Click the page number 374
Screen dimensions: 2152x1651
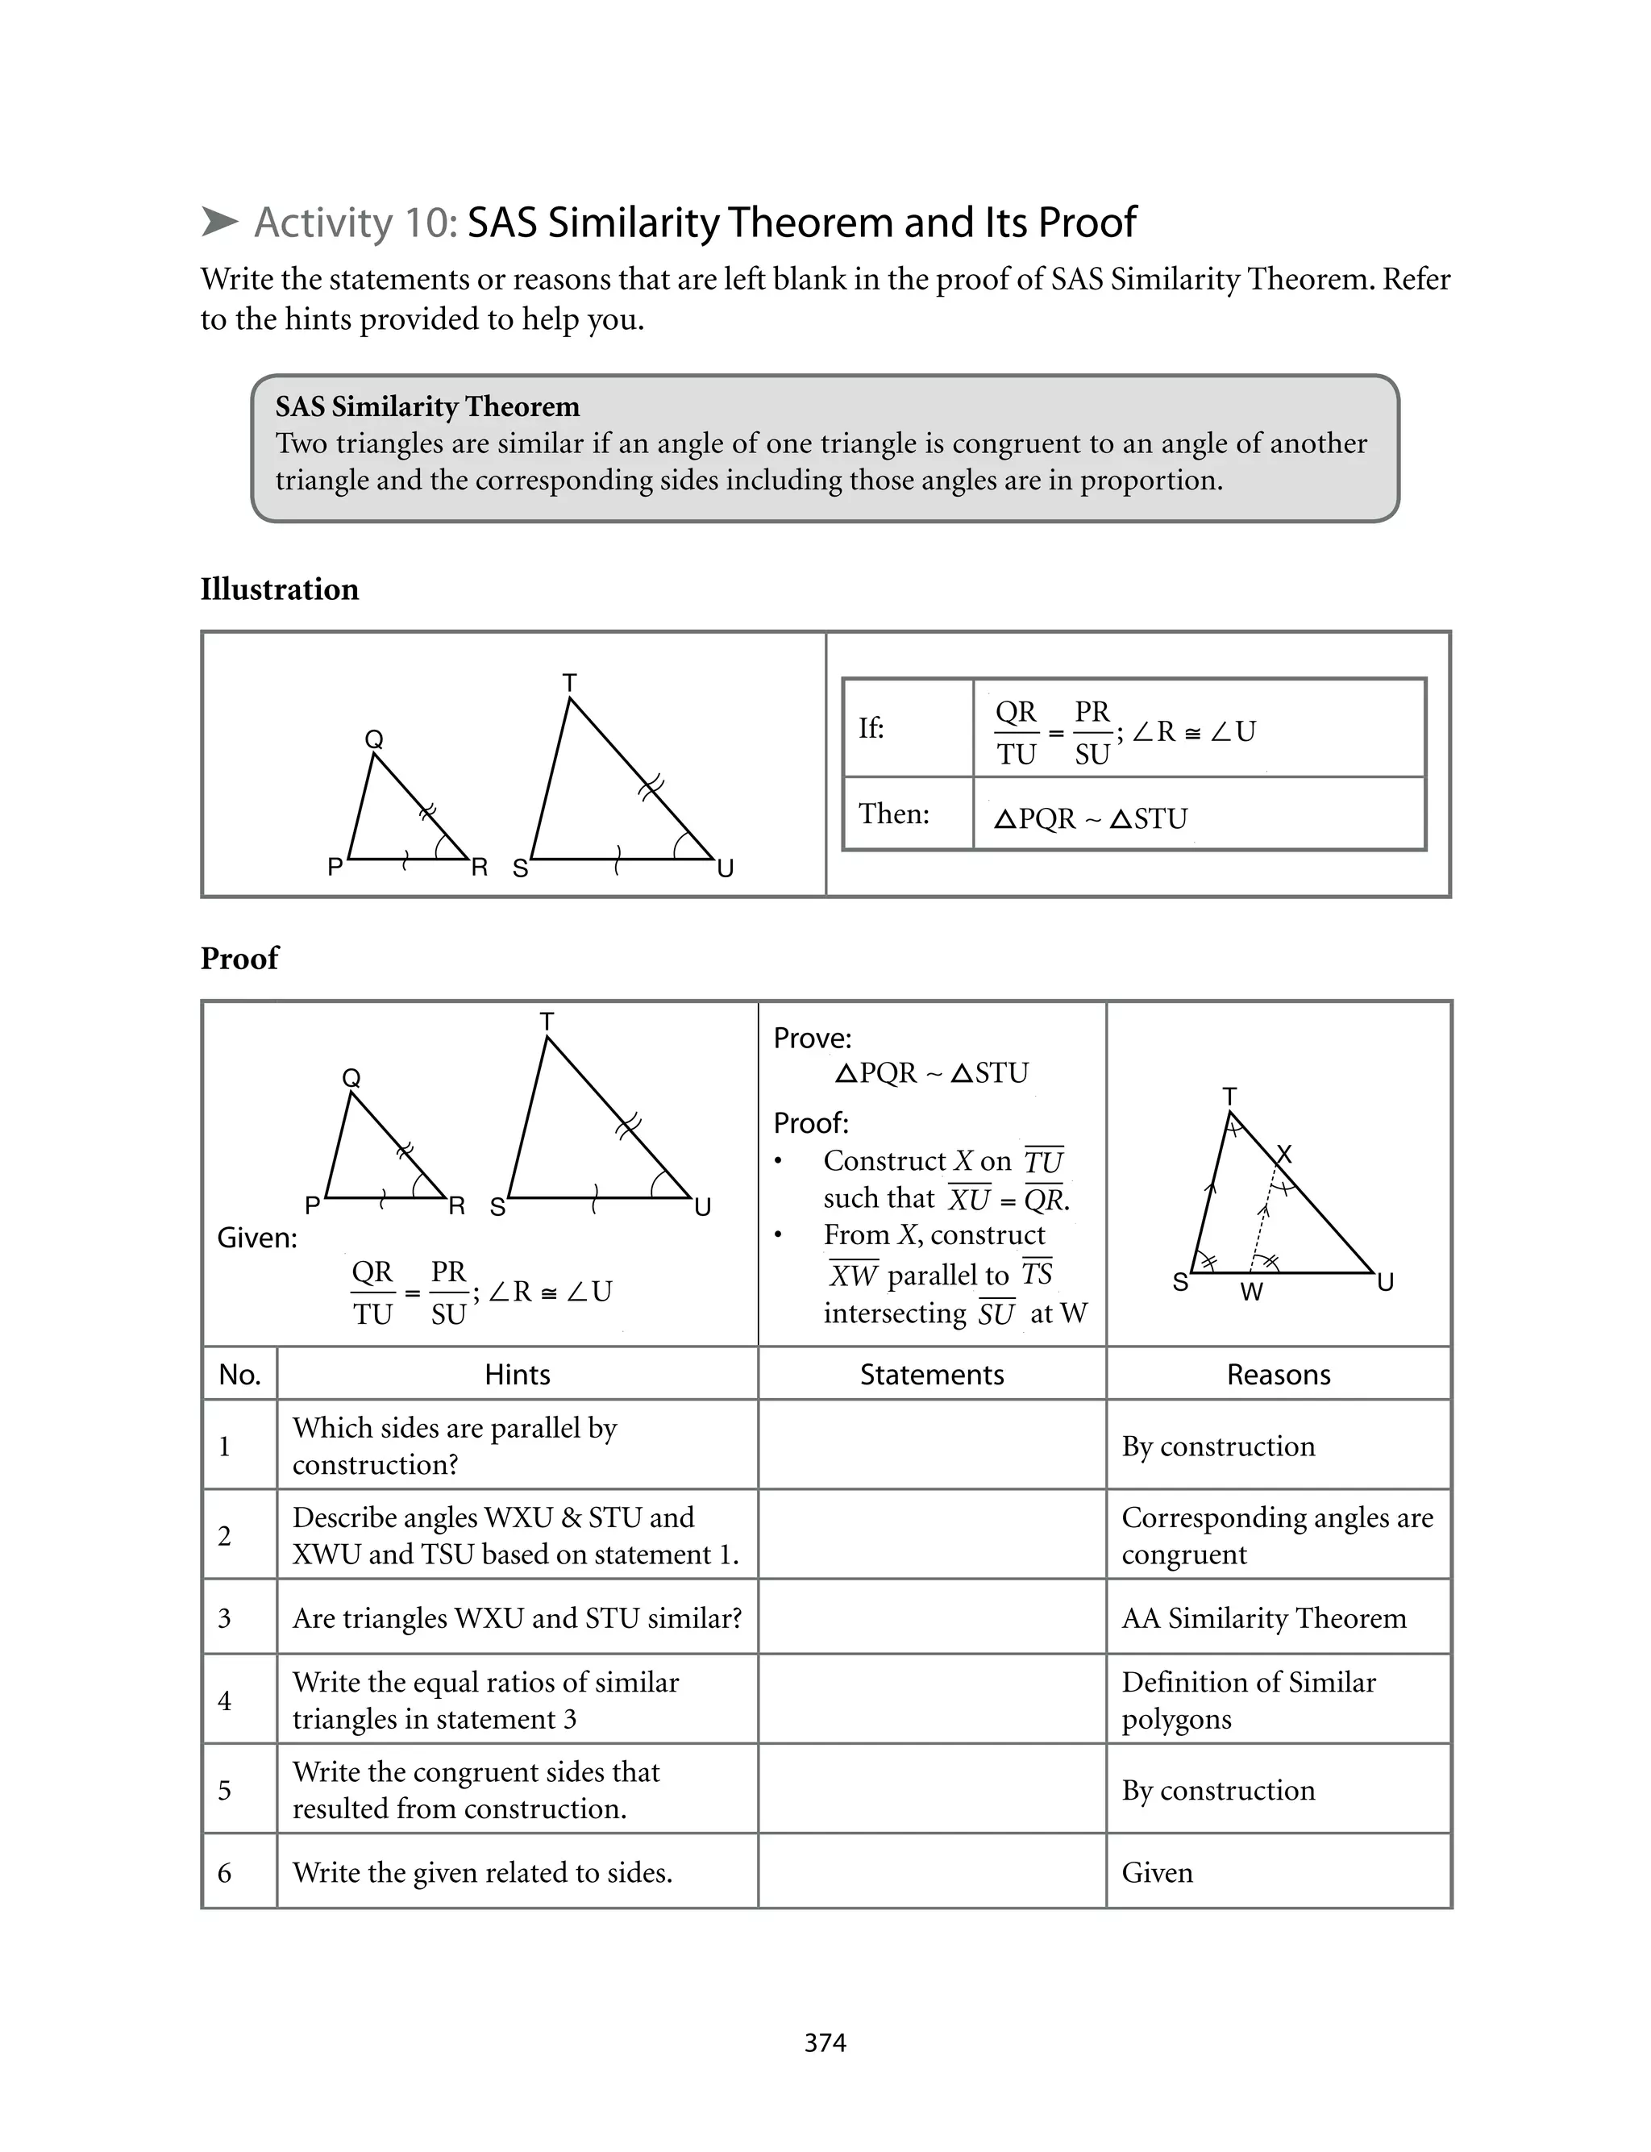(825, 2043)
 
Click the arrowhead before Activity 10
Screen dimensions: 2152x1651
(220, 222)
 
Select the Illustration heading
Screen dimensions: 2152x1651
(280, 589)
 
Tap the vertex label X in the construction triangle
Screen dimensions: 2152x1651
(1283, 1154)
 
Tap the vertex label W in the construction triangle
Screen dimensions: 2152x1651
(1251, 1292)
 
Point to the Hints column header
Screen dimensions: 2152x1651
(517, 1374)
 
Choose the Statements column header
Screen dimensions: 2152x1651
(932, 1374)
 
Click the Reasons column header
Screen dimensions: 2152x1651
(1279, 1374)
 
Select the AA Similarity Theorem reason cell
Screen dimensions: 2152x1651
(1264, 1617)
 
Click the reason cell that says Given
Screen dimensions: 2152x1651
(1158, 1872)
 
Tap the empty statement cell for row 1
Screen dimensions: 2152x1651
(932, 1446)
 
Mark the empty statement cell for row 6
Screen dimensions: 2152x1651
(932, 1872)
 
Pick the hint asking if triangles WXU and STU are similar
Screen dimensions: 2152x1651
(517, 1617)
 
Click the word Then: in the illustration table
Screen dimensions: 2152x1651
(894, 814)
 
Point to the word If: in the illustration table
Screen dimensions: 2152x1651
(871, 728)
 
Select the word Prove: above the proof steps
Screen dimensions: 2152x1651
(813, 1039)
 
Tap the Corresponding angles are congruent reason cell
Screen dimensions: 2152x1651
(1278, 1535)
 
